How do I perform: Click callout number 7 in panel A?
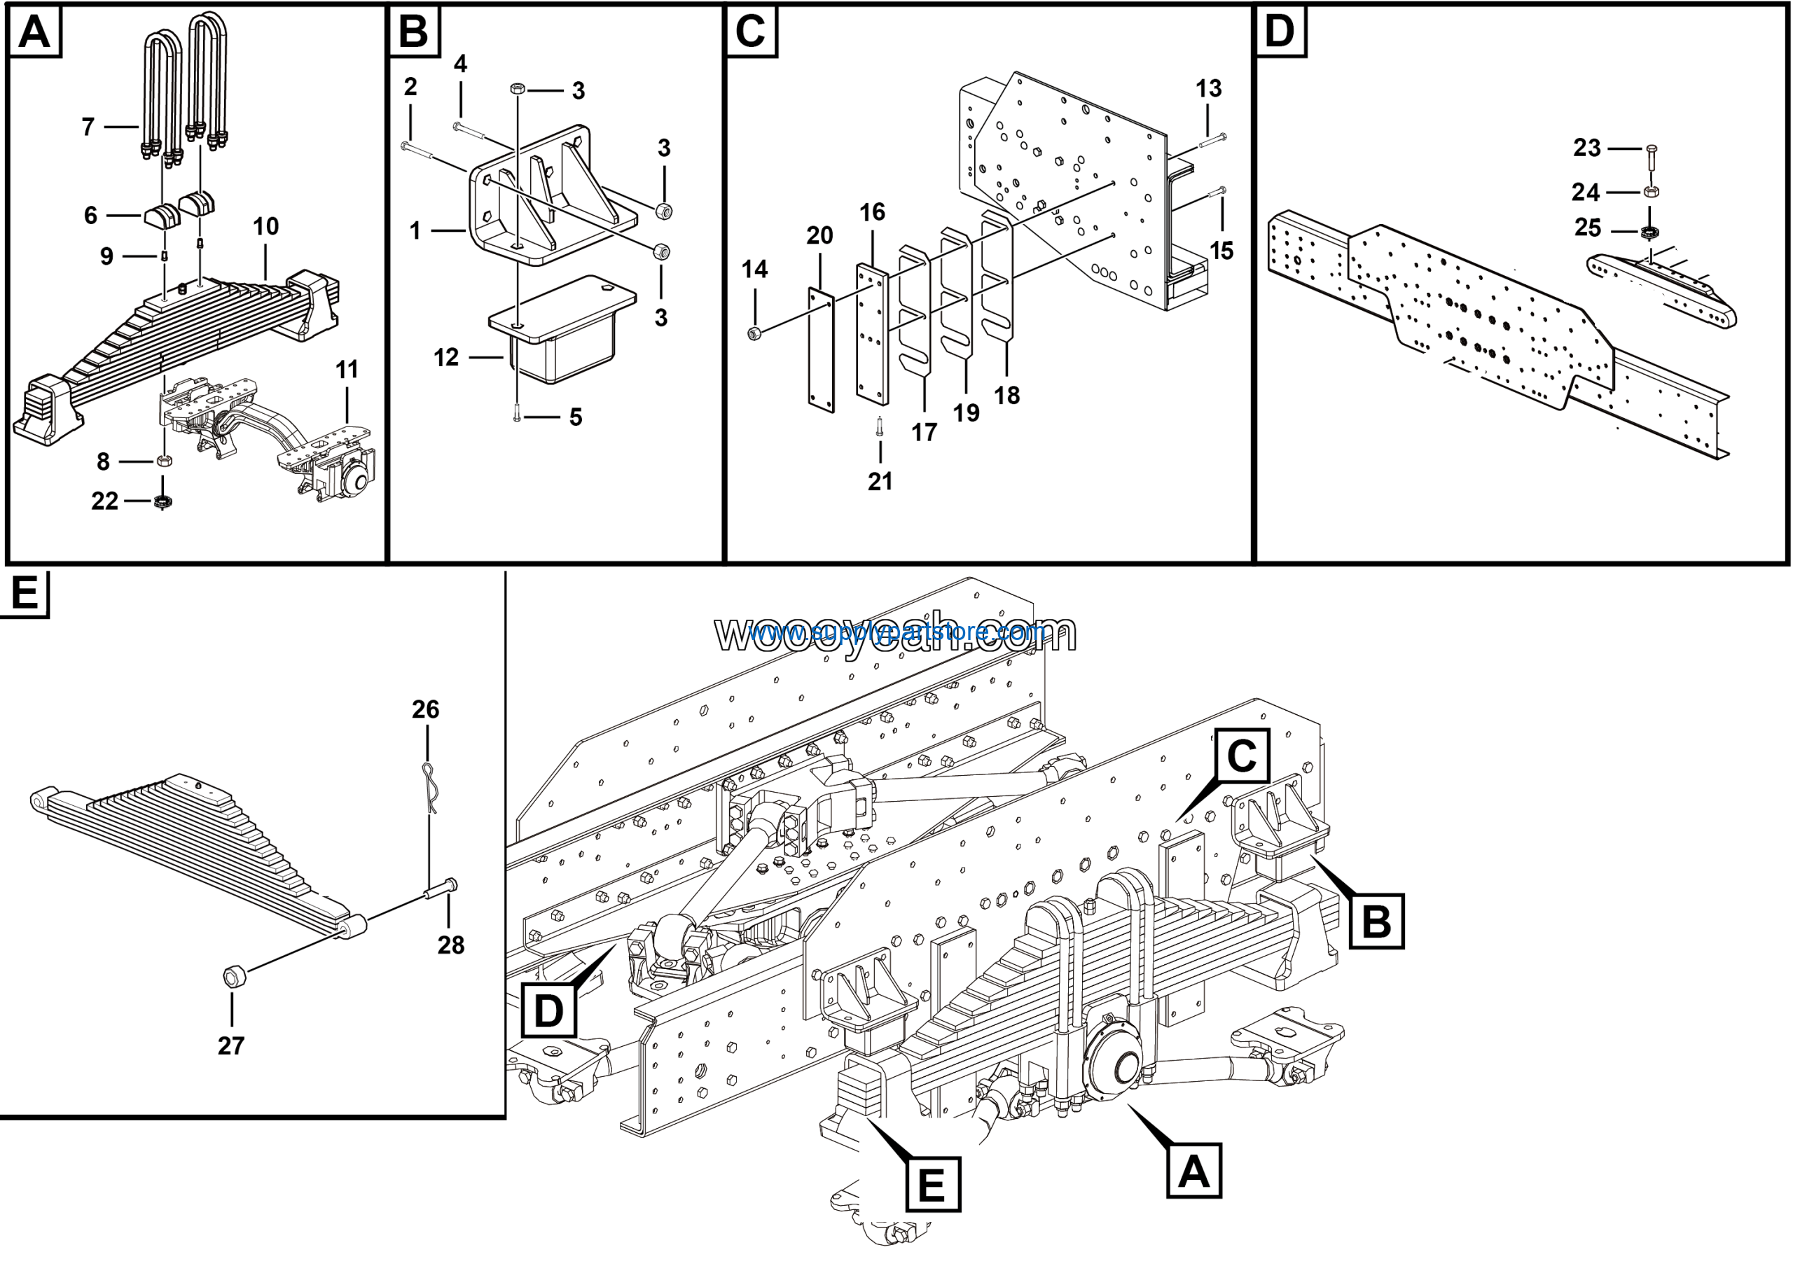(88, 127)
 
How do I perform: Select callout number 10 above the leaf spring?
(265, 226)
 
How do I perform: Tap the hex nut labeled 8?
(164, 461)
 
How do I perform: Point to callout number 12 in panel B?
(446, 358)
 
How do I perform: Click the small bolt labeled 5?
(517, 417)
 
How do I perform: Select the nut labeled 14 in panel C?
(754, 334)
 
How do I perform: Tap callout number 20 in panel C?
(819, 235)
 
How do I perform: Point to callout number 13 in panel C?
(1208, 88)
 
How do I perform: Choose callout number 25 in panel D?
(1588, 228)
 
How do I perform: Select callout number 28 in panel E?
(450, 945)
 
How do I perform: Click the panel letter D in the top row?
(1279, 32)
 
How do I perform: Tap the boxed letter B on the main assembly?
(1376, 921)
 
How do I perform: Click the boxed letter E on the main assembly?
(932, 1185)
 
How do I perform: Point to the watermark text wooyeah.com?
(896, 632)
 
